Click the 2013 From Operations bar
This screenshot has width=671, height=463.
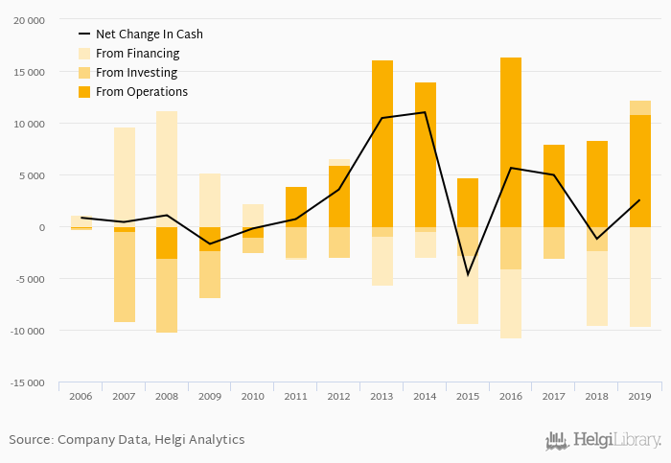[x=382, y=144]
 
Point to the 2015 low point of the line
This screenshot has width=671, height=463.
[x=468, y=275]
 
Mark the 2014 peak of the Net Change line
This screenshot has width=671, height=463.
[x=425, y=112]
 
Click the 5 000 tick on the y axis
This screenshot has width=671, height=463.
[x=31, y=175]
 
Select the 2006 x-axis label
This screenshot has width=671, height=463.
[x=81, y=396]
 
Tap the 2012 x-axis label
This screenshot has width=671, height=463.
[x=338, y=396]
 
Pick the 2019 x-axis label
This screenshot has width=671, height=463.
[x=639, y=396]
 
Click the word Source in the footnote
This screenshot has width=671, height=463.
[x=31, y=440]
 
